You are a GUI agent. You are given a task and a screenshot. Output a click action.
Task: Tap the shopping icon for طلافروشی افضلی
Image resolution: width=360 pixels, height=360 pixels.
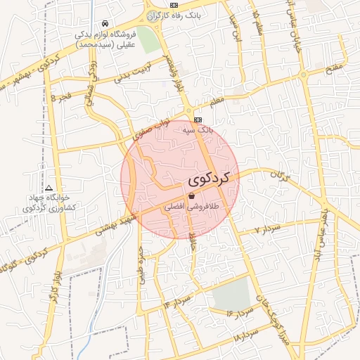[192, 197]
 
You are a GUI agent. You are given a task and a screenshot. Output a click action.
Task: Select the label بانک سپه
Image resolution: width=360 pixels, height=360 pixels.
[197, 131]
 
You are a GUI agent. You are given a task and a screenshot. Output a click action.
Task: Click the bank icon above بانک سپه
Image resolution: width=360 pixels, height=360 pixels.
[198, 120]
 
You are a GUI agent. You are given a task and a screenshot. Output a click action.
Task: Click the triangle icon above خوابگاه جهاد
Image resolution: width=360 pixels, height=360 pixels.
[49, 188]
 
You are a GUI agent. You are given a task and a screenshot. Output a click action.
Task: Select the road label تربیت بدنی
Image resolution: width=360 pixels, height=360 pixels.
[134, 72]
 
